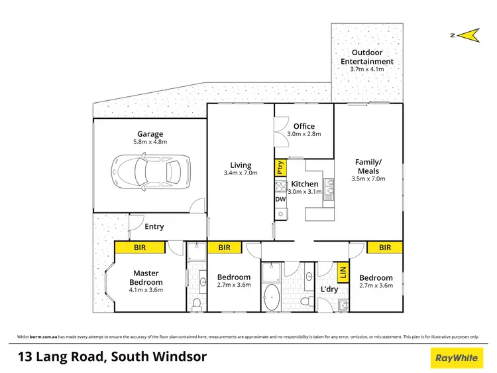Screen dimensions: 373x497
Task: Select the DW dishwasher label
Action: pyautogui.click(x=280, y=199)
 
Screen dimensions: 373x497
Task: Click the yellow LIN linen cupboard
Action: pyautogui.click(x=343, y=271)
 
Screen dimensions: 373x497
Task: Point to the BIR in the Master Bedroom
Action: pyautogui.click(x=140, y=248)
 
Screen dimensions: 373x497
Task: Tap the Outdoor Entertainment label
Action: pyautogui.click(x=366, y=57)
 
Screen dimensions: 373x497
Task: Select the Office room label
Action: pyautogui.click(x=304, y=126)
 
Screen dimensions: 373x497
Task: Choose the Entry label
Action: pyautogui.click(x=154, y=226)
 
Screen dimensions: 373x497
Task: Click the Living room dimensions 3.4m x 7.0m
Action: pyautogui.click(x=241, y=175)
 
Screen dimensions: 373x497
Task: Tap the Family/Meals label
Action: pyautogui.click(x=368, y=167)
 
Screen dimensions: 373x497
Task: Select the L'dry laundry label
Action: pyautogui.click(x=329, y=289)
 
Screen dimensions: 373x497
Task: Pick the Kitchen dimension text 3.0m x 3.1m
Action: pyautogui.click(x=304, y=192)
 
